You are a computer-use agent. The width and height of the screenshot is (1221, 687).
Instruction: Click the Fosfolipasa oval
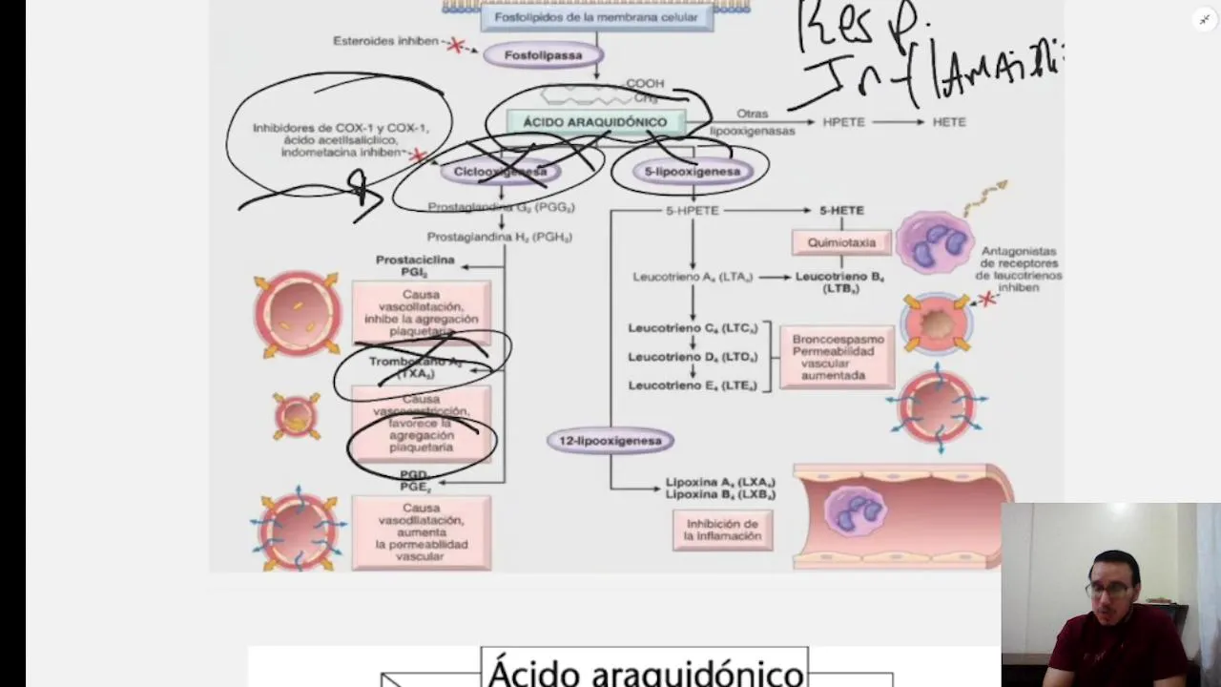tap(544, 55)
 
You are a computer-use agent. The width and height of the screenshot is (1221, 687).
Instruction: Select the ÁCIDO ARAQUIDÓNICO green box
tap(594, 122)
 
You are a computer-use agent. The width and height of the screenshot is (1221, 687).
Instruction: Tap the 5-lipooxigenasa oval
tap(692, 172)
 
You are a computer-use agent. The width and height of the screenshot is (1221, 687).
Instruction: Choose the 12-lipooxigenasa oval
tap(610, 441)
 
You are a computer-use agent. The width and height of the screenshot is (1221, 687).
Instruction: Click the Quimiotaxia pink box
tap(841, 242)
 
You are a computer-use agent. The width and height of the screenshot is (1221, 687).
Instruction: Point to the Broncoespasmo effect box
tap(838, 357)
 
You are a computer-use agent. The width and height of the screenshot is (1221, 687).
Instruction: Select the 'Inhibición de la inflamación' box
tap(722, 530)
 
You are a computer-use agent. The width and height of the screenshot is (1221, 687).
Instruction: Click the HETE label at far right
tap(949, 122)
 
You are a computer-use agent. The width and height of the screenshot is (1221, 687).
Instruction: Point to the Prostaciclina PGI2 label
tap(415, 265)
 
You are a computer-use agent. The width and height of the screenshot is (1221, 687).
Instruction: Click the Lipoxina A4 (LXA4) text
tap(720, 482)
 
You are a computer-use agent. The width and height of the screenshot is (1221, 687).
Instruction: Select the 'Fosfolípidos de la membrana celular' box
tap(596, 17)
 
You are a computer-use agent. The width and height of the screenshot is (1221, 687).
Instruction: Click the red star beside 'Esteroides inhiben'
tap(456, 45)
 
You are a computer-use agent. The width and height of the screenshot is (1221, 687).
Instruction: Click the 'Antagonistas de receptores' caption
tap(1018, 269)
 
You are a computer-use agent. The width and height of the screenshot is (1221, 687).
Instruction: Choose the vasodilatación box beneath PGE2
tap(421, 532)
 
